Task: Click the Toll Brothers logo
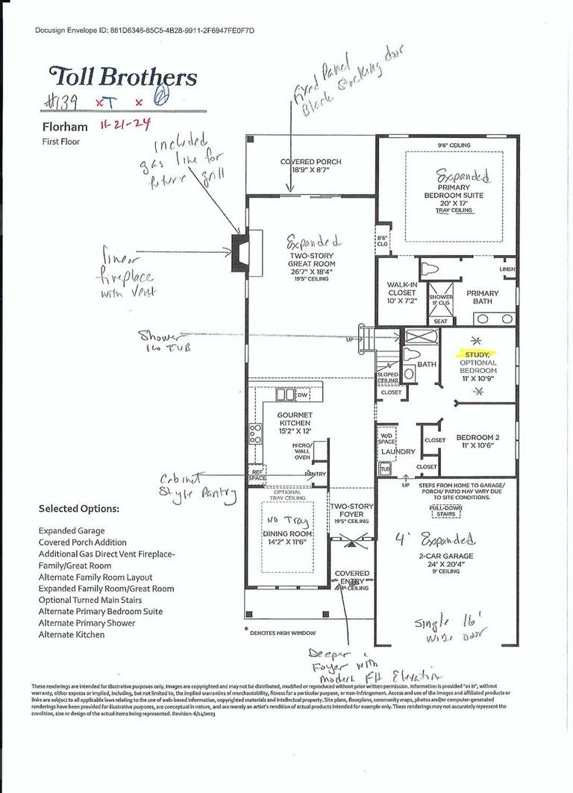123,76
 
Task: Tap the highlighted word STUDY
478,355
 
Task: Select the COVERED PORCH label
311,162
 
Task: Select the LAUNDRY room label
398,451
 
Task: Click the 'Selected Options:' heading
79,508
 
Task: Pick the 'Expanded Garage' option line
72,531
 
